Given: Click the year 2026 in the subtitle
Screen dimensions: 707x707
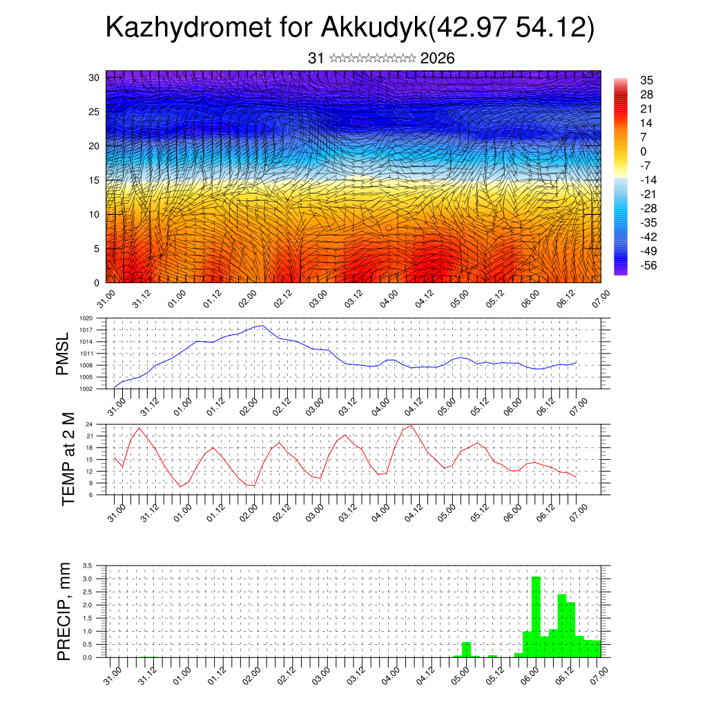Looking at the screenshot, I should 437,59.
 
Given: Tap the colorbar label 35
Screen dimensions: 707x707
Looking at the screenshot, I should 647,80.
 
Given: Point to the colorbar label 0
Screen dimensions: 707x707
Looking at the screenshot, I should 643,151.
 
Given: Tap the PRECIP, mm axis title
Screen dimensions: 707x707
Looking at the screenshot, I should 64,611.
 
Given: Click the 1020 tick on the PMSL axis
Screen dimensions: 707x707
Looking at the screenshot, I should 86,318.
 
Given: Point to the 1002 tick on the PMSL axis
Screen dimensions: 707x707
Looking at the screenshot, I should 86,389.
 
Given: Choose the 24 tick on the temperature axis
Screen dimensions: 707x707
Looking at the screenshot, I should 89,424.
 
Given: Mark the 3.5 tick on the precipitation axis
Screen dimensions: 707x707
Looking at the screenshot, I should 87,565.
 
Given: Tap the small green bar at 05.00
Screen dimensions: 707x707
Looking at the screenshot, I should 466,650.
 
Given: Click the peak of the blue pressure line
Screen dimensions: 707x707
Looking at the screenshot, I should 262,325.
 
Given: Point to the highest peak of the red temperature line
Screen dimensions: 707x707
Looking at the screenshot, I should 412,425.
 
